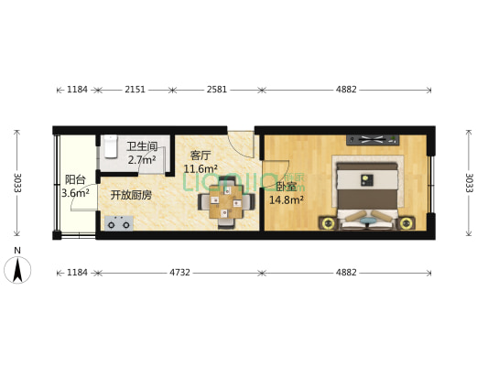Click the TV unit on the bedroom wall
pos(372,140)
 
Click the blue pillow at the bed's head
pos(367,219)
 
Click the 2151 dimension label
pos(135,90)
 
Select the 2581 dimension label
pos(217,90)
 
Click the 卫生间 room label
pos(142,146)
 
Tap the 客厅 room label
pos(201,155)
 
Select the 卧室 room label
pos(285,186)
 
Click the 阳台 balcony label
pos(74,179)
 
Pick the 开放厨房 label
pos(131,195)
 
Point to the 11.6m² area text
pos(201,168)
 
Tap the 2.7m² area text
pos(142,160)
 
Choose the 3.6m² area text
pos(75,193)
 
